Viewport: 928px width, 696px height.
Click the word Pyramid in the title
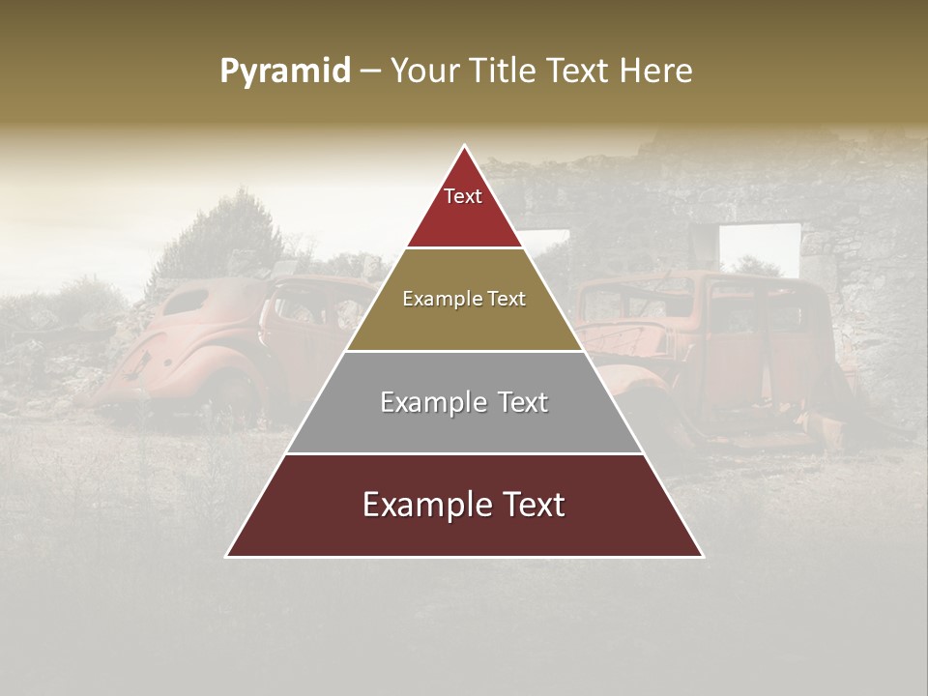point(284,71)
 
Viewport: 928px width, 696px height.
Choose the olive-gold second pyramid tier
point(464,319)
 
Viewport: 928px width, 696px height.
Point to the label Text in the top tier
point(463,196)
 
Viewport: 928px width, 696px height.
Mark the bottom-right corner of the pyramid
point(702,556)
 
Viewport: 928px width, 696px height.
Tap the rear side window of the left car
point(188,301)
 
